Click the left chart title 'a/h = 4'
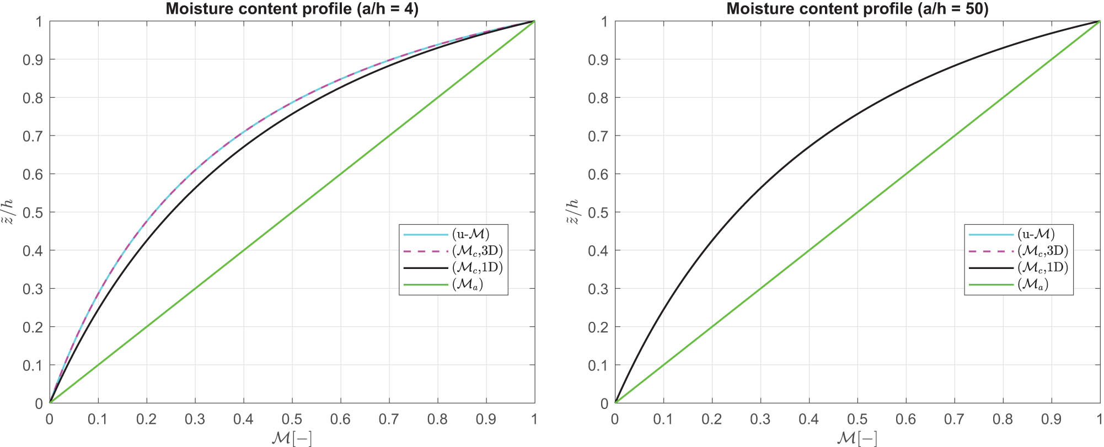click(x=292, y=9)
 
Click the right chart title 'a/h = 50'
click(x=857, y=9)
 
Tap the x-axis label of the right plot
click(x=857, y=438)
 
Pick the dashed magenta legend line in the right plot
click(x=991, y=251)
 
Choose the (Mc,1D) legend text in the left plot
click(x=478, y=268)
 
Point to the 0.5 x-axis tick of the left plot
click(x=292, y=419)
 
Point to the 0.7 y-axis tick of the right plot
click(x=598, y=136)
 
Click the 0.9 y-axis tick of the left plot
click(x=33, y=60)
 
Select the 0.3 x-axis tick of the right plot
click(x=760, y=419)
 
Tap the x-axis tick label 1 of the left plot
click(x=534, y=419)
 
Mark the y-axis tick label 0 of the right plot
click(x=604, y=403)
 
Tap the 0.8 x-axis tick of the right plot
click(x=1003, y=419)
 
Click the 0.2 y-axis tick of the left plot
click(x=33, y=327)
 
